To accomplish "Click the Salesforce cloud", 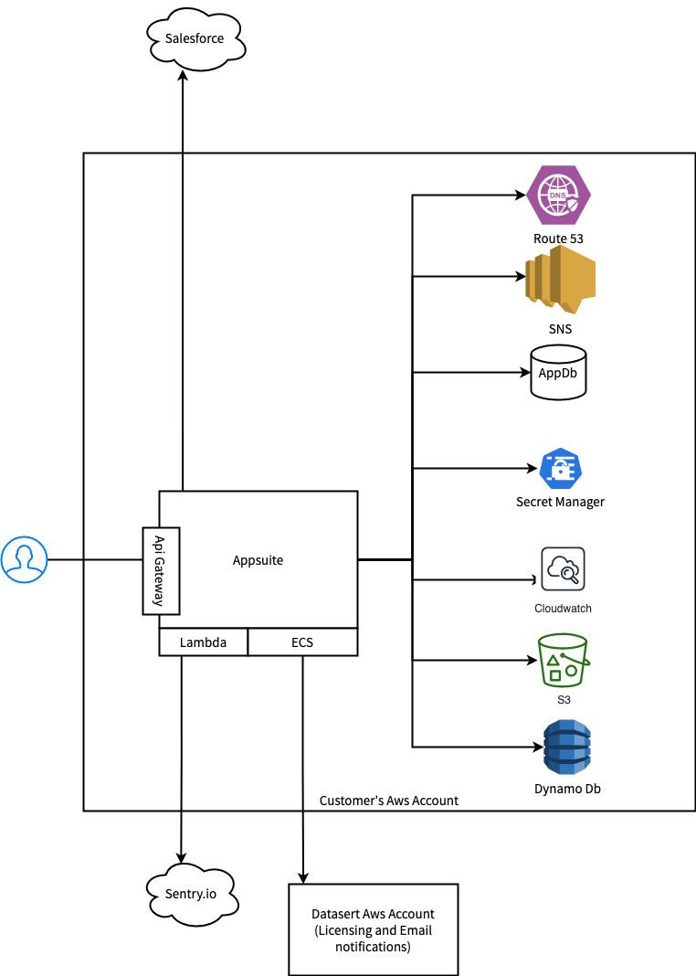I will click(195, 39).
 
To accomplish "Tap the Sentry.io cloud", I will click(191, 893).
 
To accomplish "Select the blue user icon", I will click(24, 559).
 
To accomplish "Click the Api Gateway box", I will click(160, 570).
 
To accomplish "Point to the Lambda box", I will click(203, 642).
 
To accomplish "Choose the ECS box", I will click(302, 642).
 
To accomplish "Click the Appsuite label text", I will click(258, 560).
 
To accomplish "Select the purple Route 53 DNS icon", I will click(559, 196).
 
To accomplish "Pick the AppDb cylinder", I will click(558, 373).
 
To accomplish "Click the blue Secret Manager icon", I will click(560, 470).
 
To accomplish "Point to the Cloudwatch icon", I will click(563, 570).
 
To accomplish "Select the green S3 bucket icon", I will click(563, 660).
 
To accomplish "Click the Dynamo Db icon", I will click(566, 748).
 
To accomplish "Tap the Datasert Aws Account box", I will click(373, 929).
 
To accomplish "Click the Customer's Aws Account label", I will click(389, 801).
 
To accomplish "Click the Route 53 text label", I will click(559, 239).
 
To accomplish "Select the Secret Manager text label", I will click(560, 502).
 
